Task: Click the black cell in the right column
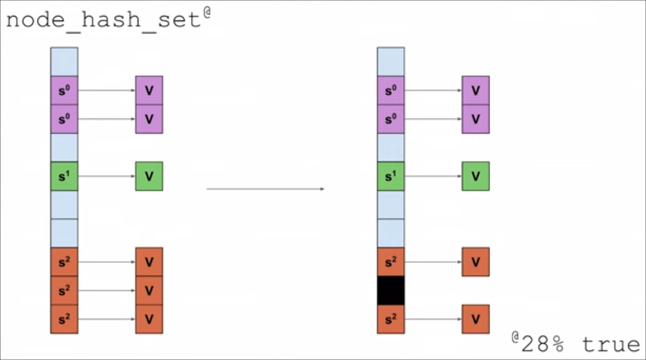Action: [391, 290]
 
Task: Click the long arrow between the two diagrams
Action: [265, 189]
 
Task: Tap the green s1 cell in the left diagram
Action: [64, 176]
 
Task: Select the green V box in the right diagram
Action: [475, 176]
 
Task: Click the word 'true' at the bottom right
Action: [611, 345]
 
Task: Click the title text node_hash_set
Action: [103, 20]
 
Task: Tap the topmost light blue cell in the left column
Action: [64, 62]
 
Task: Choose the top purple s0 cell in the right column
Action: [391, 90]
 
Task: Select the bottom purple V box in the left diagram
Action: [149, 119]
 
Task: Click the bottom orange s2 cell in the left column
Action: [64, 319]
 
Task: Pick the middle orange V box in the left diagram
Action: [149, 290]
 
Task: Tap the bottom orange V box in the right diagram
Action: [475, 319]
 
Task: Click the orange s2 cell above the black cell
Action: [391, 262]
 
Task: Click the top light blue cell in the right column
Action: [391, 62]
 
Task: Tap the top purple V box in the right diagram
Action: [475, 90]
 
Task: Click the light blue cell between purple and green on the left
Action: [64, 148]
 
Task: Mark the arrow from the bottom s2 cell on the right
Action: [433, 319]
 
